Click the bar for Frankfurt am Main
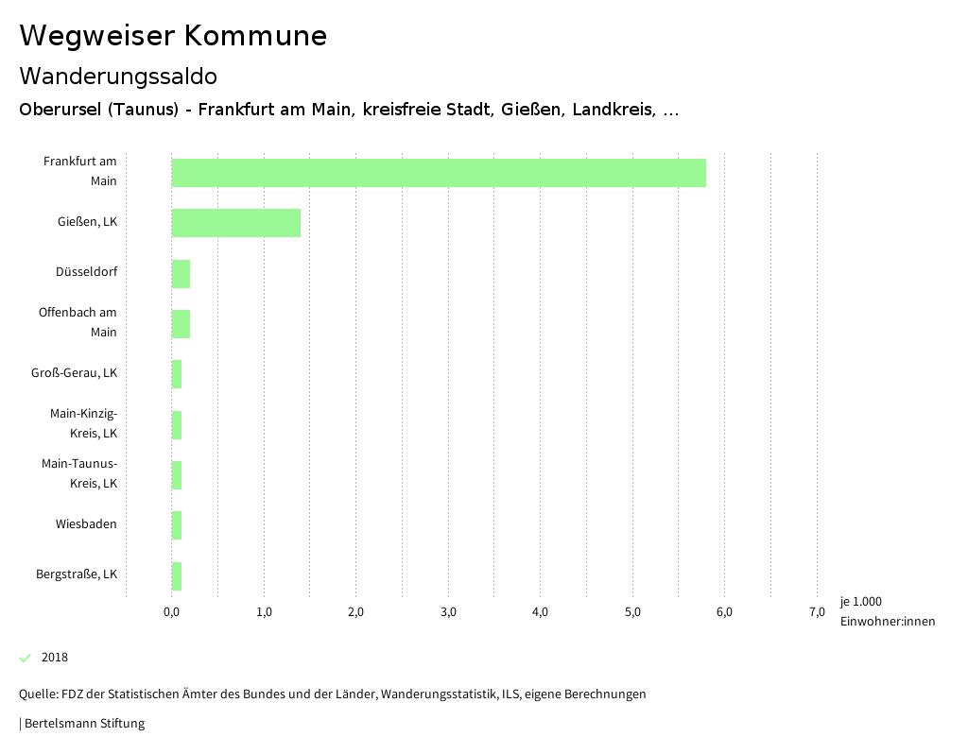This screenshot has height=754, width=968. tap(439, 173)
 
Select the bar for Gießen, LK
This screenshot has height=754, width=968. tap(236, 223)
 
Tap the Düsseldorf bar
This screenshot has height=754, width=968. tap(181, 274)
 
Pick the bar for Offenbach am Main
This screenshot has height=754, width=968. tap(181, 324)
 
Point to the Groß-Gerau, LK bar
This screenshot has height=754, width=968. tap(177, 374)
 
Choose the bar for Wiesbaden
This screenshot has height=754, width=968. tap(177, 525)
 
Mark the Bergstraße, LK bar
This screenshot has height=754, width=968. tap(177, 575)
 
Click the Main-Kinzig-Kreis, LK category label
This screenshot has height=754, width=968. tap(83, 423)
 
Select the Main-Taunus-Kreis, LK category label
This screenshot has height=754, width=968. tap(79, 473)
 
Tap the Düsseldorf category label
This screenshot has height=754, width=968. tap(86, 272)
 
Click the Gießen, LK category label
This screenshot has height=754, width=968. tap(87, 222)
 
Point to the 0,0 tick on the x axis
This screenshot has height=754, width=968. tap(172, 612)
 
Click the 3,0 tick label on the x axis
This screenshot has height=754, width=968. tap(448, 612)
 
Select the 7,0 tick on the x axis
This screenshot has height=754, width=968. tap(817, 612)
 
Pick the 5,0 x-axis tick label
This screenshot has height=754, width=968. tap(632, 612)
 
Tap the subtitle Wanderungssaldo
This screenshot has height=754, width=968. tap(118, 76)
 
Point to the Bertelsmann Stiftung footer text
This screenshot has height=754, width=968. tap(83, 724)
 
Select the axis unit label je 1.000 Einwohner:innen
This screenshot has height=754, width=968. tap(887, 611)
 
